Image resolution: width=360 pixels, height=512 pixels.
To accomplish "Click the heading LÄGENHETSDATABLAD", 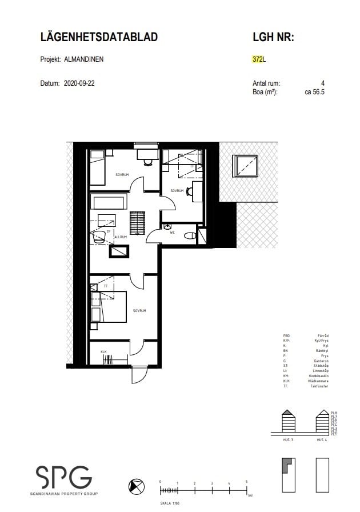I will point(99,37).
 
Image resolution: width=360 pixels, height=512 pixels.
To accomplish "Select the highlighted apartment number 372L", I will point(259,59).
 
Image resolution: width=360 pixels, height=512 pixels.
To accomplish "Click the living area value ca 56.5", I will point(314,91).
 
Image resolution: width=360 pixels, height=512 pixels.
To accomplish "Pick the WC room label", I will point(172,232).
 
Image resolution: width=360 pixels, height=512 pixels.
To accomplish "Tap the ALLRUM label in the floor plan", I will point(120,237).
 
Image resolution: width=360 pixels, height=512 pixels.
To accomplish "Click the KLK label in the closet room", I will point(104,351).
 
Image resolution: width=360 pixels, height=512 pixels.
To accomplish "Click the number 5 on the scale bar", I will point(246,482).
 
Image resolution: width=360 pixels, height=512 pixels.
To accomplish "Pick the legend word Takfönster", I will point(320,386).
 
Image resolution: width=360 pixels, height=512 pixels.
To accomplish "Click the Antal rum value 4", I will point(323,83).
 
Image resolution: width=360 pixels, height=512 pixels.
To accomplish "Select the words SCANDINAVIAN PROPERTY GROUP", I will point(63,493).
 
